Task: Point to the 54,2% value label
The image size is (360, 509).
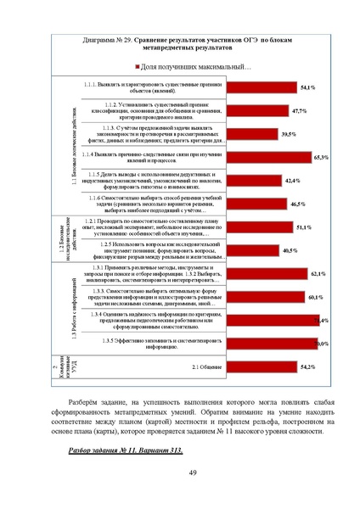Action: click(x=308, y=366)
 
